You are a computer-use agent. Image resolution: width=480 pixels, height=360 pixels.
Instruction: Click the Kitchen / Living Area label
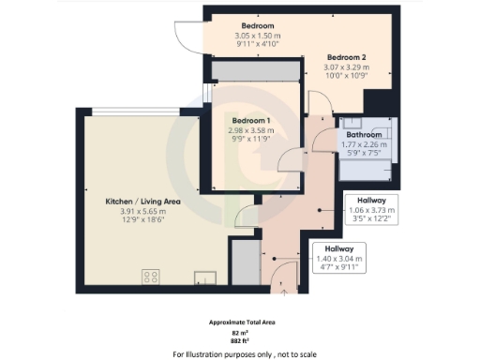point(142,202)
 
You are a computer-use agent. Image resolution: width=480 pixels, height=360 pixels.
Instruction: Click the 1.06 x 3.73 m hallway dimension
point(372,210)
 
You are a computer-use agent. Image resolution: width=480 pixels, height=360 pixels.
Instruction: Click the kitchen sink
point(203,276)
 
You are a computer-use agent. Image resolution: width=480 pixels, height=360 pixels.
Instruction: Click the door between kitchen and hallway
point(247,217)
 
